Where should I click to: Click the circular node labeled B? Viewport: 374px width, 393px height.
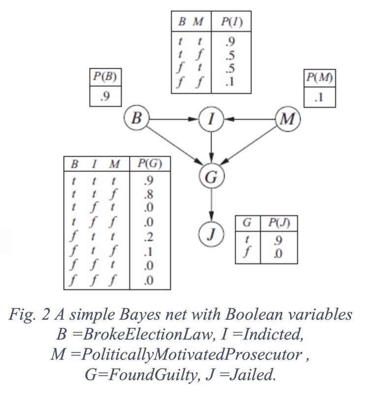137,118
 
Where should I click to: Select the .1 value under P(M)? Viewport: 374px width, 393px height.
319,97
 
